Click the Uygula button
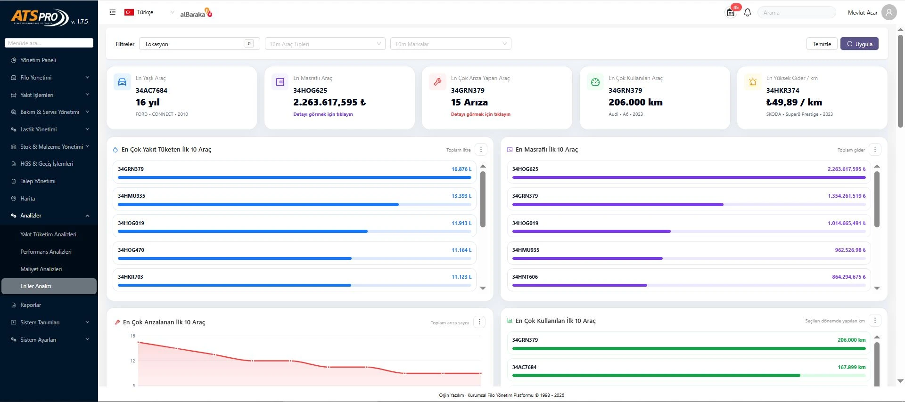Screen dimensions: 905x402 [859, 44]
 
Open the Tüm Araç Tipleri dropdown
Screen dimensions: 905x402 [325, 44]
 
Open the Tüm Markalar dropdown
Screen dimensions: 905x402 [451, 44]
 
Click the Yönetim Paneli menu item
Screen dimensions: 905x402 [38, 60]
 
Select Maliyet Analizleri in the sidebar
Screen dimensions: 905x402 [41, 269]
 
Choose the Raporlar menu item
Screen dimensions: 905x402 [31, 305]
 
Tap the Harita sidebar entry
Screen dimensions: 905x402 [27, 199]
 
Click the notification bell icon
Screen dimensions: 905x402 [748, 13]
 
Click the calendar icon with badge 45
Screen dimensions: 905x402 [731, 12]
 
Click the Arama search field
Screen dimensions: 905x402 [797, 13]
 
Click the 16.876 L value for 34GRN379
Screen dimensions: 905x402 [461, 169]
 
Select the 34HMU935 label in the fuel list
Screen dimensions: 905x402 [132, 196]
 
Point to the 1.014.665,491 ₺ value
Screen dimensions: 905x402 [847, 223]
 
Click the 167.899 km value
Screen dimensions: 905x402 [852, 367]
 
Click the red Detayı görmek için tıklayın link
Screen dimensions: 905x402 [480, 114]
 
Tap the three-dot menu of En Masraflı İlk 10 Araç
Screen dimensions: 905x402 [875, 150]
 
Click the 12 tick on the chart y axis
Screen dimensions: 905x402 [132, 361]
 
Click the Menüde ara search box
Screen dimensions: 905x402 [49, 43]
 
